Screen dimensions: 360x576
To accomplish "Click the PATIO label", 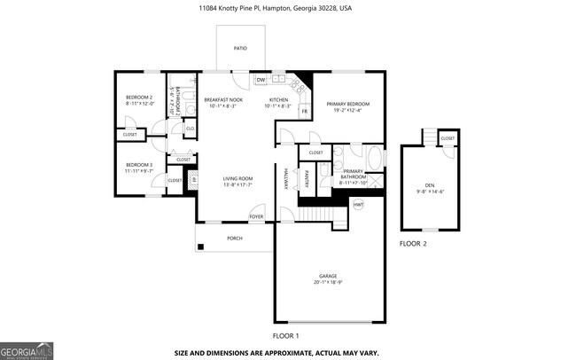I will point(240,50).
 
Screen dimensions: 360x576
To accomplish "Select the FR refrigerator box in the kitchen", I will point(304,111).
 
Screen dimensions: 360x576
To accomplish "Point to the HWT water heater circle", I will point(359,205).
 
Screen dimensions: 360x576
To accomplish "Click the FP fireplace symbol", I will point(193,181).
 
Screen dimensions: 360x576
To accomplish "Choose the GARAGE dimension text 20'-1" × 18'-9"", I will point(328,283).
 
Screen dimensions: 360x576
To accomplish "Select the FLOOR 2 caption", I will point(413,243).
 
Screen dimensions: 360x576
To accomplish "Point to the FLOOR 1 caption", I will point(285,336).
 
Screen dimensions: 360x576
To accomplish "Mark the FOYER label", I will point(256,216).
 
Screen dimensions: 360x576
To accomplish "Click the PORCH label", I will point(235,238).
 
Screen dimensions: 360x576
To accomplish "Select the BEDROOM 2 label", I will point(138,98).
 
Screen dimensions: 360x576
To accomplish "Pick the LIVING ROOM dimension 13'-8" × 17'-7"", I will point(237,185).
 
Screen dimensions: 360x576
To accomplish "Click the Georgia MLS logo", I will point(27,349).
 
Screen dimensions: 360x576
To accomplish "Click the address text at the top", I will point(288,7).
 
